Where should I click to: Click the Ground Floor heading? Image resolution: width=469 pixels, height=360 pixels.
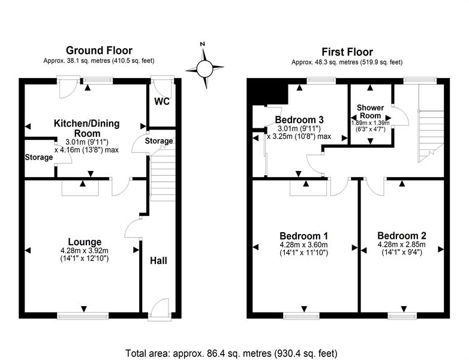(99, 50)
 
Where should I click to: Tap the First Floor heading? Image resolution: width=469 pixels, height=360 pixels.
(347, 52)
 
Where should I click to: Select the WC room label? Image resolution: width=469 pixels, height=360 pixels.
(162, 101)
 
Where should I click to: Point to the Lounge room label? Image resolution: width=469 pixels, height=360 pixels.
(85, 242)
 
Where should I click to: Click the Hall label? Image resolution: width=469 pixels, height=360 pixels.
(159, 260)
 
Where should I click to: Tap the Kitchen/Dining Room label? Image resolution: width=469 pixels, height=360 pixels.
(87, 128)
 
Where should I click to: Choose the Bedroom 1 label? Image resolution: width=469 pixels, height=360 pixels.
(304, 235)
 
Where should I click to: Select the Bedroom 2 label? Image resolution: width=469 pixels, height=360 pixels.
(401, 235)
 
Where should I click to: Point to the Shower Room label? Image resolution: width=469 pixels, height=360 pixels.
(370, 111)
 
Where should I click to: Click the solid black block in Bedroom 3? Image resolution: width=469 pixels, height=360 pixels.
(268, 94)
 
